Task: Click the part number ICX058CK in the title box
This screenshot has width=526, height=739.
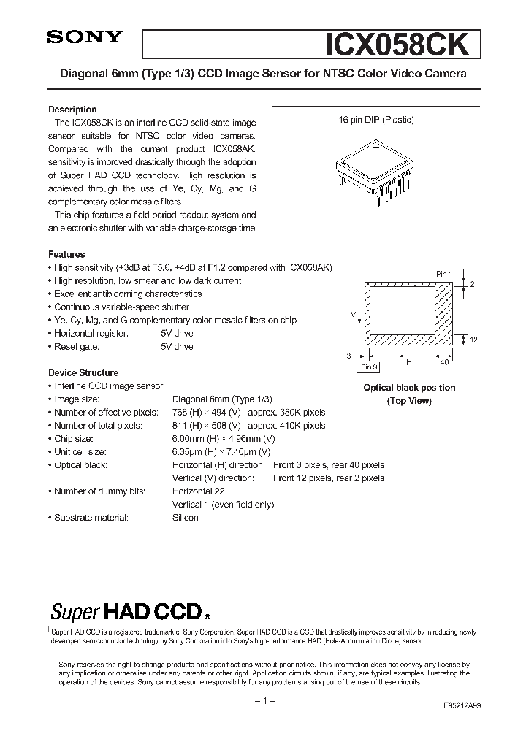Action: pyautogui.click(x=401, y=44)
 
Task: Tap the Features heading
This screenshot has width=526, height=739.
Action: pyautogui.click(x=66, y=255)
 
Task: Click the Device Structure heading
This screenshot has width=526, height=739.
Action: pyautogui.click(x=83, y=373)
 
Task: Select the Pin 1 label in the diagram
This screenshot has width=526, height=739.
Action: pyautogui.click(x=443, y=274)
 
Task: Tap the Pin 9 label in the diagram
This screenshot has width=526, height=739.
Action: pyautogui.click(x=369, y=367)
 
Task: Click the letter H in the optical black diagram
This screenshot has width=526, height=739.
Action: pyautogui.click(x=409, y=361)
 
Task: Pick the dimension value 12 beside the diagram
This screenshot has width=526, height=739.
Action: pyautogui.click(x=474, y=340)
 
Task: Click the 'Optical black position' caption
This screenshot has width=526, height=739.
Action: pyautogui.click(x=409, y=388)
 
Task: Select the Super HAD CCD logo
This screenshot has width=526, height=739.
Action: pyautogui.click(x=130, y=610)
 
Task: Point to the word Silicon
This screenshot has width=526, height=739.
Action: pyautogui.click(x=186, y=518)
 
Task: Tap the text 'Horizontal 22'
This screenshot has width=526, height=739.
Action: pyautogui.click(x=198, y=491)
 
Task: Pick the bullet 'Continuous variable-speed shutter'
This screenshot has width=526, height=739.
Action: pyautogui.click(x=121, y=307)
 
